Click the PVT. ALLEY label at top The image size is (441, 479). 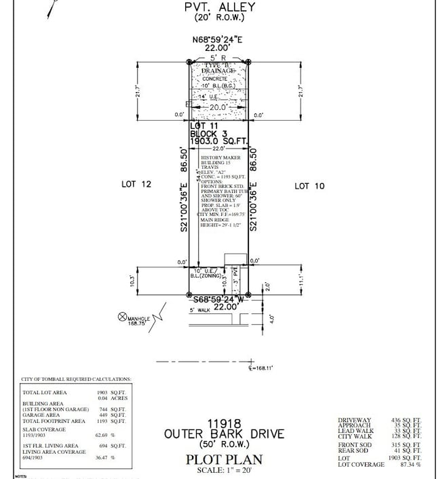coord(220,7)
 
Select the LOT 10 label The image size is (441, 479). coord(309,186)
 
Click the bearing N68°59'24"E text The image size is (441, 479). coord(219,39)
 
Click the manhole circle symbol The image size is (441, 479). coord(122,316)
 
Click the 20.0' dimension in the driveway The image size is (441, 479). coord(218,107)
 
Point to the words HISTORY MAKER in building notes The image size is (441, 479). coord(218,158)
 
